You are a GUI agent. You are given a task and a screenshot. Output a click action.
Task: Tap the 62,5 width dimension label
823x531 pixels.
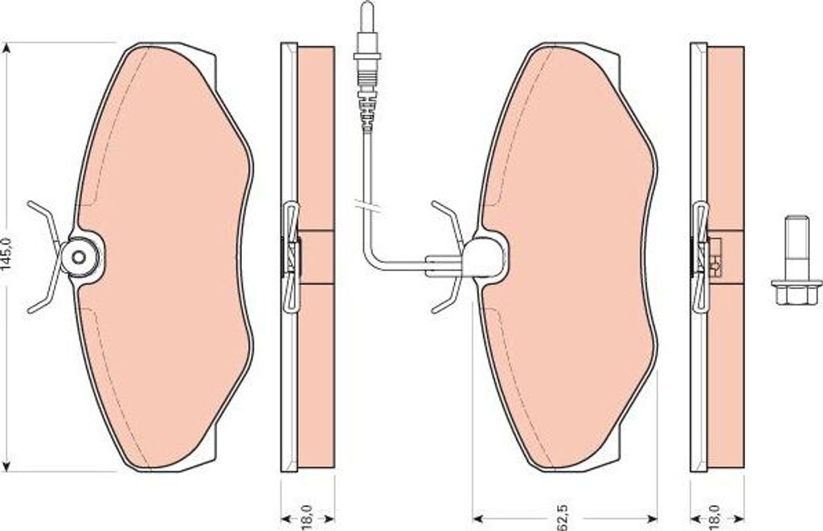coord(563,517)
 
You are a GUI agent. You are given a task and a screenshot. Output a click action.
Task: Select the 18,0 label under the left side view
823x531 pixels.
coord(308,517)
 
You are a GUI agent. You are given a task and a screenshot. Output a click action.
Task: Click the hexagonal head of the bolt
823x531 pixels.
coord(796,293)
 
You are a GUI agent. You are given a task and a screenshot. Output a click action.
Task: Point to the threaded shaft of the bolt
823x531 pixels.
coord(796,248)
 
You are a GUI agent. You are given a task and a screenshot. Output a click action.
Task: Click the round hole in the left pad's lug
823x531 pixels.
coord(79,257)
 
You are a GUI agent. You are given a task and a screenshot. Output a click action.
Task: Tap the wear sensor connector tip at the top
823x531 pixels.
coord(366,16)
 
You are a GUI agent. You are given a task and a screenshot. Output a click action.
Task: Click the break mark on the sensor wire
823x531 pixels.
coord(367,206)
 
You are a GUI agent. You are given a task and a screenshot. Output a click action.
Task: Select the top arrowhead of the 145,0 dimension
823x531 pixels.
coord(6,48)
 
